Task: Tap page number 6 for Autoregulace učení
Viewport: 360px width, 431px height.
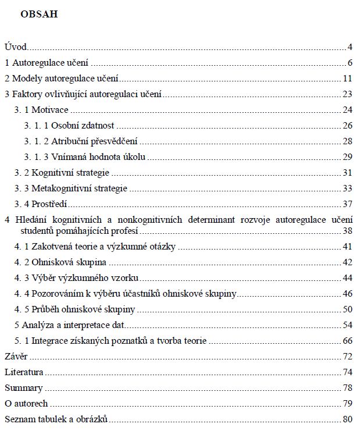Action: point(351,63)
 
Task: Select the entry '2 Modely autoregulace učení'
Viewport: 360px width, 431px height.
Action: point(62,79)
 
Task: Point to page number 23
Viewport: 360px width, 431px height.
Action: point(348,94)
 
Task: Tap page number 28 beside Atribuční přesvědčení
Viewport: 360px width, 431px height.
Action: point(348,141)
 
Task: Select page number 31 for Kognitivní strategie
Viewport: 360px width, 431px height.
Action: point(348,173)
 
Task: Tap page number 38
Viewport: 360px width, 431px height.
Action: point(348,231)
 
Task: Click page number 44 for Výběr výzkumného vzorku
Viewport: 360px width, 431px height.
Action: point(348,278)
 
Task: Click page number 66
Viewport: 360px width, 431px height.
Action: point(348,341)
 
